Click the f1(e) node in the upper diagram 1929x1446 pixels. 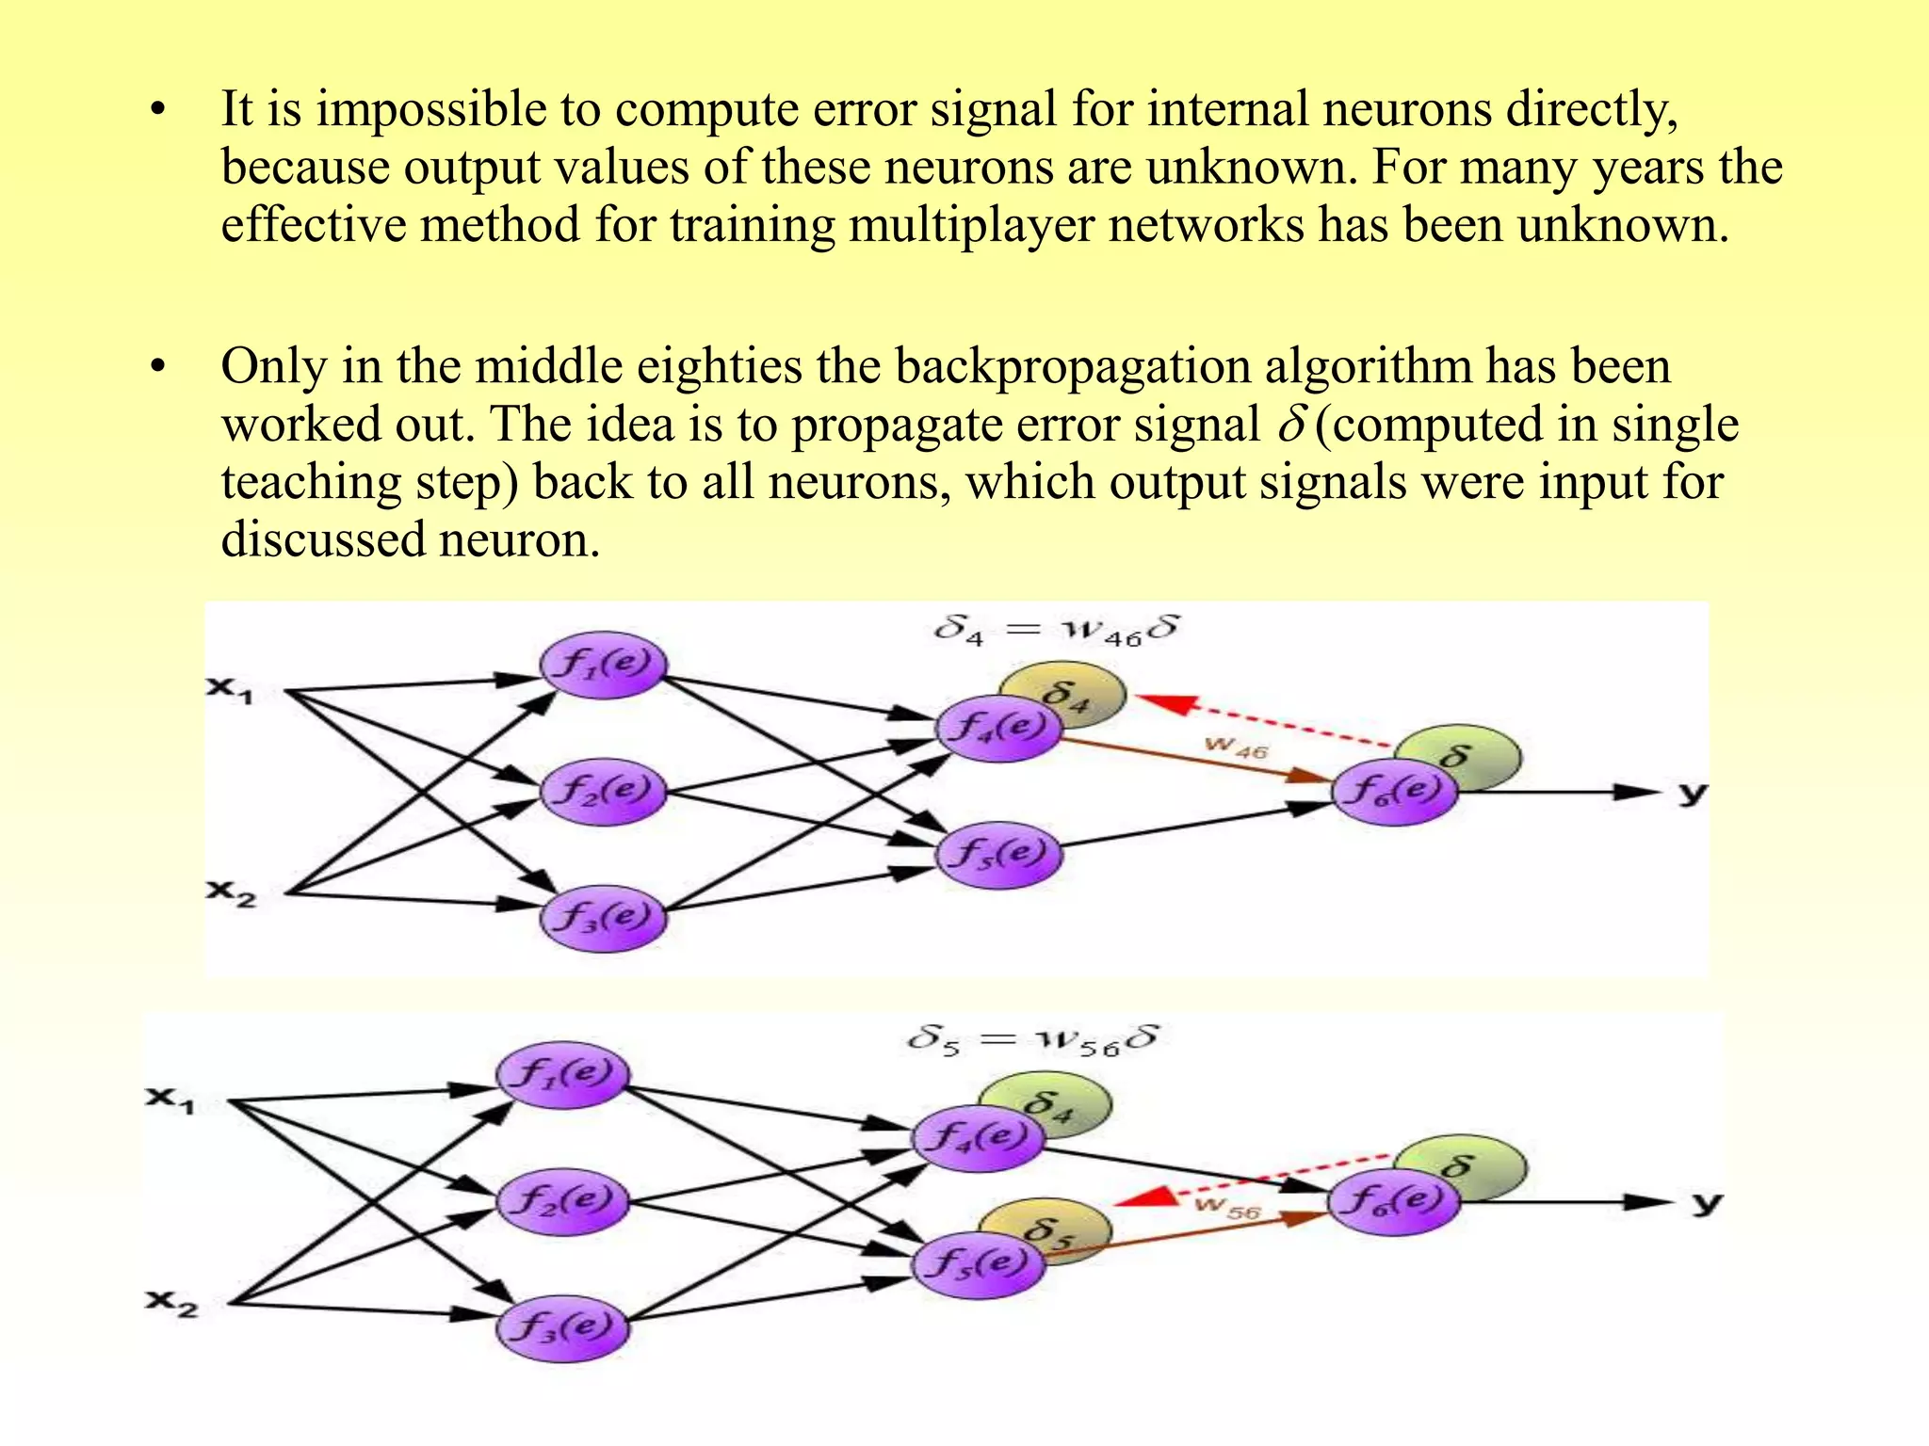coord(603,665)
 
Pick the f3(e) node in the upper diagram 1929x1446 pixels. coord(603,917)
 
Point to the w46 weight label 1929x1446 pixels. coord(1237,748)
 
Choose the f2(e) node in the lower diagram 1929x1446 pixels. coord(561,1200)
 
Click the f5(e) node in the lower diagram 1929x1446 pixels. coord(978,1263)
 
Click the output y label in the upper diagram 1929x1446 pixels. coord(1693,793)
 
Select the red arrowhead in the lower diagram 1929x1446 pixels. coord(1143,1197)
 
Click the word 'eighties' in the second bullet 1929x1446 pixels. coord(720,366)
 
